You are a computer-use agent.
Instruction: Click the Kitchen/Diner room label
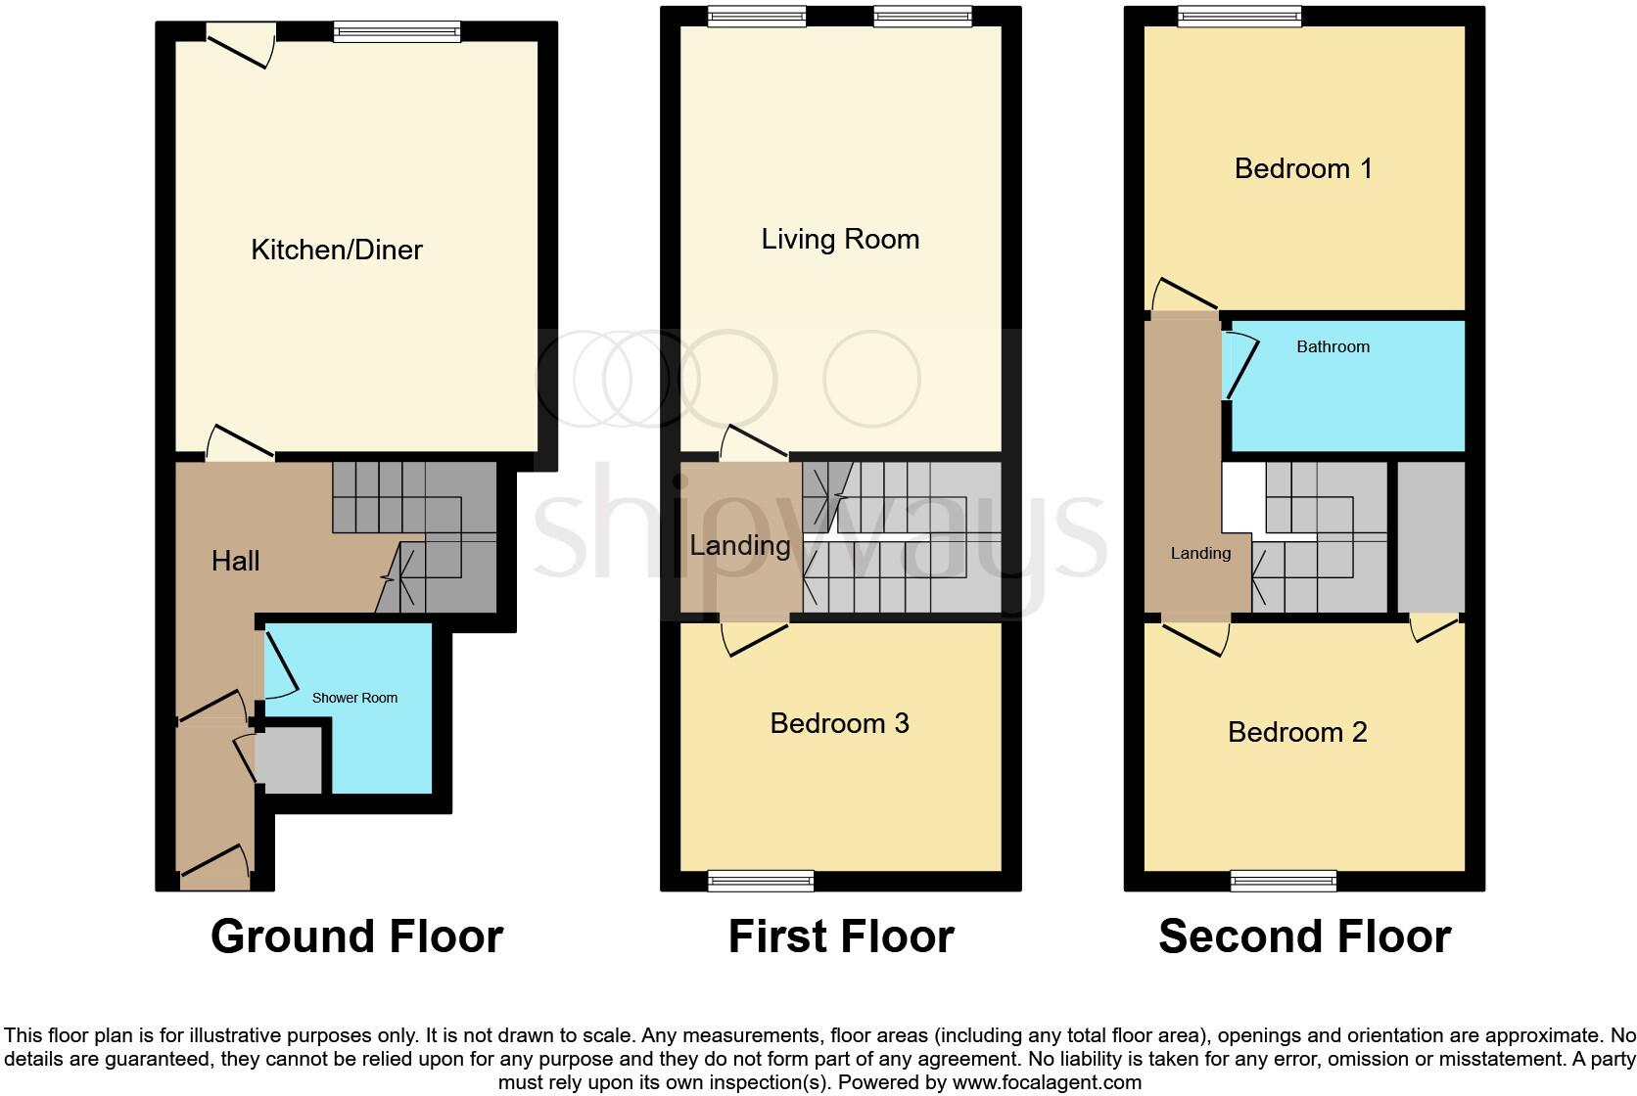[337, 250]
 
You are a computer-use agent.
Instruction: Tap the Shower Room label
[354, 698]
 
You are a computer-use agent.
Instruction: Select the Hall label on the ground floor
[235, 561]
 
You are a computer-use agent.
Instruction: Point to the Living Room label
[840, 239]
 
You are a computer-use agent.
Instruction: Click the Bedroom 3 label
[839, 723]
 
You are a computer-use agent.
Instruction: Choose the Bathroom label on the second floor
[1333, 346]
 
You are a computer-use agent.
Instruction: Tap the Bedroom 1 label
[1303, 168]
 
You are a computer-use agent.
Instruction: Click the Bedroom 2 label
[1297, 732]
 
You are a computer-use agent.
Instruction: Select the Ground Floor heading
[356, 936]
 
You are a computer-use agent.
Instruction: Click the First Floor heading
[840, 936]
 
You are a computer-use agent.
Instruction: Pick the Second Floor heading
[1304, 936]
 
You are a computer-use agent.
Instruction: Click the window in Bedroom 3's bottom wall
[761, 882]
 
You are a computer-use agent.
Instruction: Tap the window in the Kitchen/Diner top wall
[396, 32]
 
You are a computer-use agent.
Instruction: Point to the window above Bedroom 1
[1239, 16]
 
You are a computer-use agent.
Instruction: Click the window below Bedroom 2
[1284, 882]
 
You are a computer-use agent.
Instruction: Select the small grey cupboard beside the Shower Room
[289, 760]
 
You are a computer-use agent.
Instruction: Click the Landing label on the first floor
[739, 545]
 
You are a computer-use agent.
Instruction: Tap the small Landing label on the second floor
[1200, 554]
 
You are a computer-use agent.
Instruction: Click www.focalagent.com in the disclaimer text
[1047, 1082]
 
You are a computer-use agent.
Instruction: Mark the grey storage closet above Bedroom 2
[1430, 536]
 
